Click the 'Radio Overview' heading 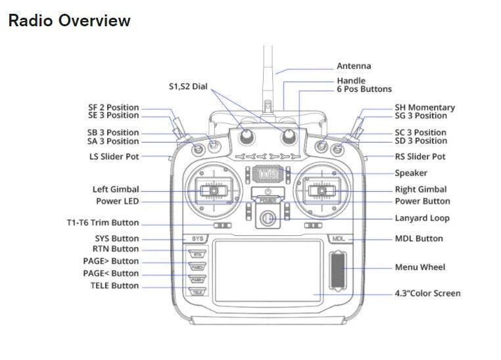pos(69,20)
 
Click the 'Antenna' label pos(354,66)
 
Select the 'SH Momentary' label pos(424,108)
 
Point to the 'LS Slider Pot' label pos(114,157)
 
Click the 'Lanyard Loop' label pos(422,218)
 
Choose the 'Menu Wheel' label pos(419,267)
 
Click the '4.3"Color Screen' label pos(427,293)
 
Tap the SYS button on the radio pos(197,239)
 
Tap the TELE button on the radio pos(197,292)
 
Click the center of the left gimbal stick pos(214,191)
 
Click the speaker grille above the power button pos(268,173)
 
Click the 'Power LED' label pos(118,202)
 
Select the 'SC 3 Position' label pos(421,132)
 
